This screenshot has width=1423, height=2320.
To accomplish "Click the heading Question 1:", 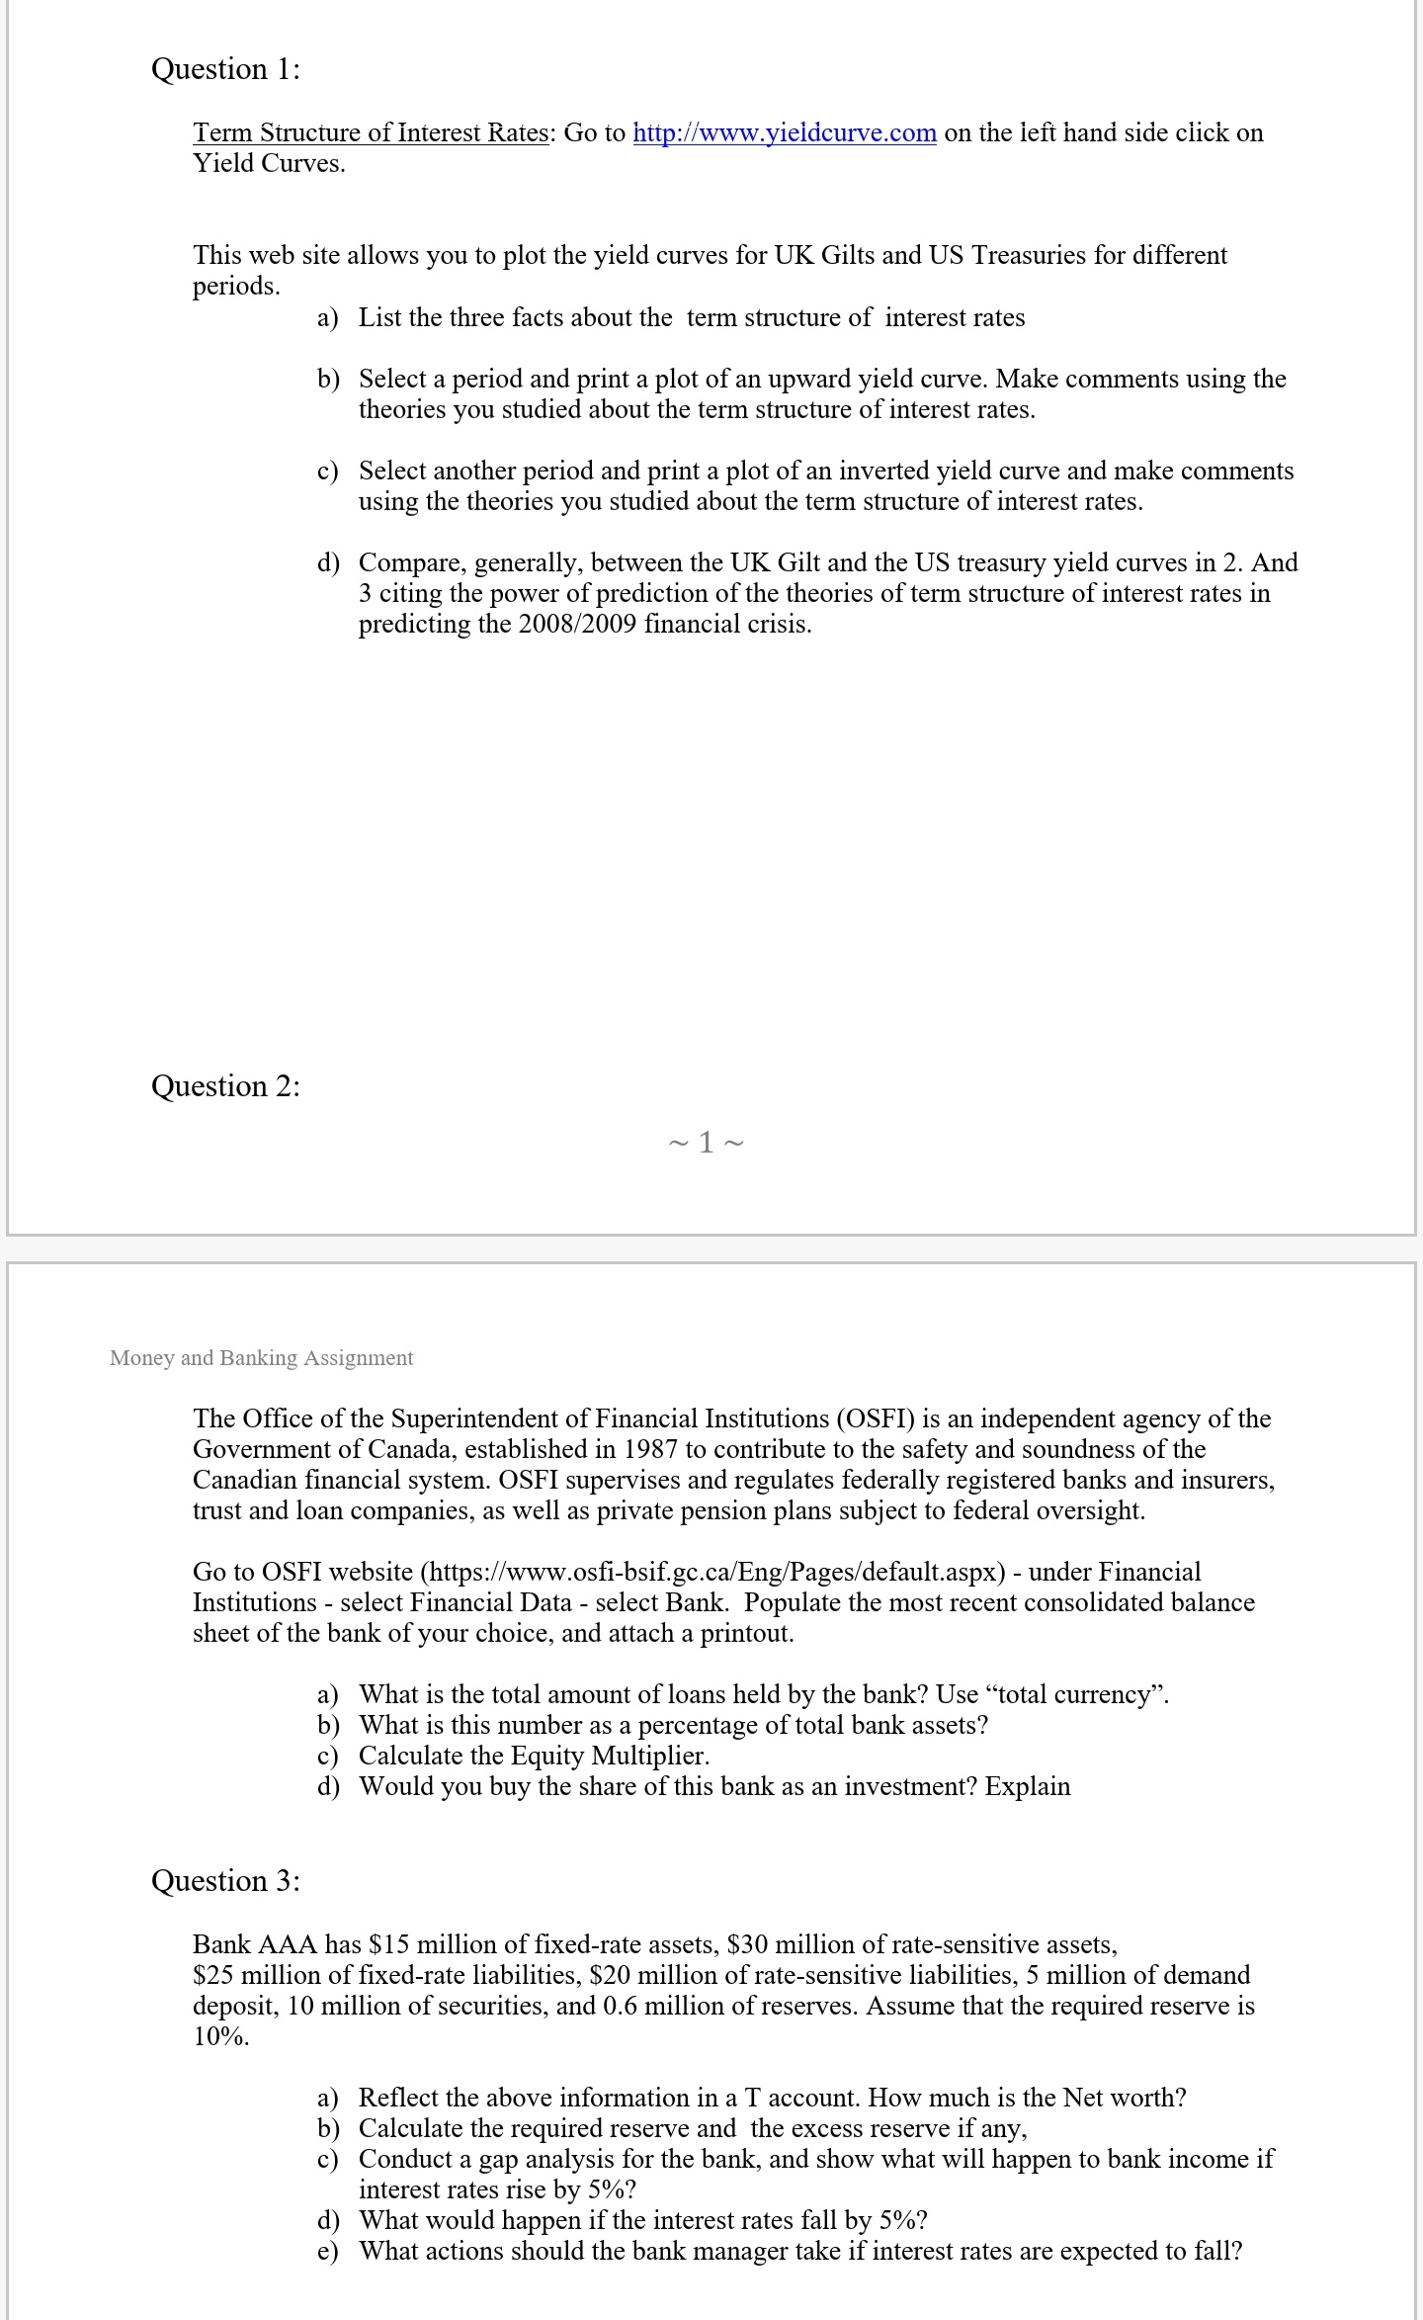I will coord(225,69).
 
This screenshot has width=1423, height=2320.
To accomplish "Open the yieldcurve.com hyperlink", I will coord(784,133).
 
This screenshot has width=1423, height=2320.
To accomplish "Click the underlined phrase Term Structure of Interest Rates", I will coord(371,133).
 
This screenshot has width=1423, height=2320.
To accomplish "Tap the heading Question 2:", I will coord(225,1086).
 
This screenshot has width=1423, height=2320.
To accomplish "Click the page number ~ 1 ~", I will coord(706,1144).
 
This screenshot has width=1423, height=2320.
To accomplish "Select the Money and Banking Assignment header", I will coord(262,1358).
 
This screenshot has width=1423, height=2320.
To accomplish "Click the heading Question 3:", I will coord(225,1881).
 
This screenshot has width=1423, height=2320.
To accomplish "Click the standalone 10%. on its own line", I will coord(221,2037).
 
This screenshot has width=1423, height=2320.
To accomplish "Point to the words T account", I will coord(799,2099).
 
